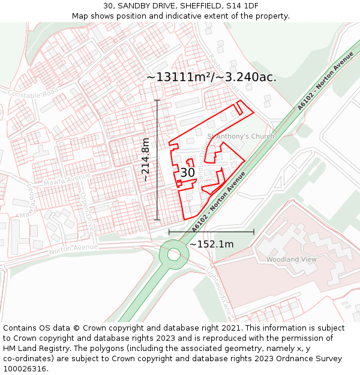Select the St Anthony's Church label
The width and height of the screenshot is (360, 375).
[x=241, y=136]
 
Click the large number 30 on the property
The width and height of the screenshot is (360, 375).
[x=187, y=172]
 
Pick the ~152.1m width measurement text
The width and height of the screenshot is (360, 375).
[x=211, y=244]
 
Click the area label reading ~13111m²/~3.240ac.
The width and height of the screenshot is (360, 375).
[x=211, y=77]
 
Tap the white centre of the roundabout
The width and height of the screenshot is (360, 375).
[x=174, y=254]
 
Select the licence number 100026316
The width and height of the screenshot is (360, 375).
[x=26, y=369]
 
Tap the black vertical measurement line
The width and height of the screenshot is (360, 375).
[x=158, y=160]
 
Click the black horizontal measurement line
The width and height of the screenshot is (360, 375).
[x=211, y=232]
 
